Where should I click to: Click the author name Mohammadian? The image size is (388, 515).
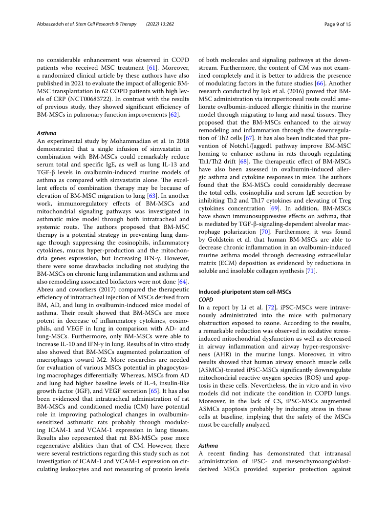click(x=121, y=140)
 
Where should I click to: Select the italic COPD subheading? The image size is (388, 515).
click(x=206, y=299)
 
